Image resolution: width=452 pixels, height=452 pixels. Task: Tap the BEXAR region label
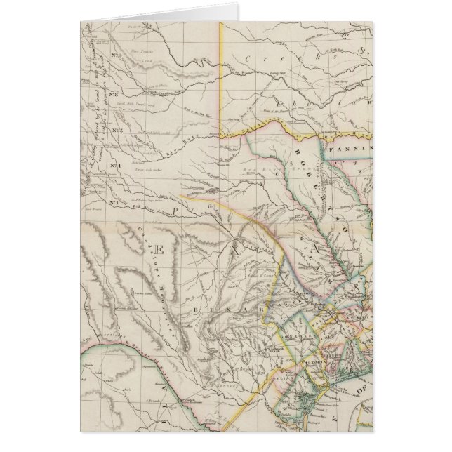[225, 307]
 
